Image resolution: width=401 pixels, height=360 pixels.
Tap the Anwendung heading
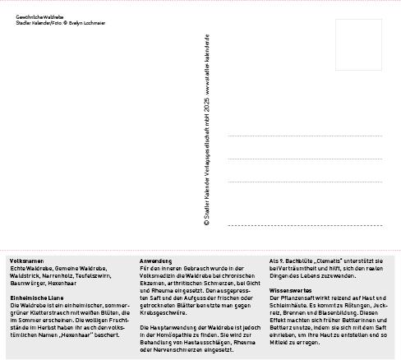click(154, 261)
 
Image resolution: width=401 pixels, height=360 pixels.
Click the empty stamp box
click(358, 45)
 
